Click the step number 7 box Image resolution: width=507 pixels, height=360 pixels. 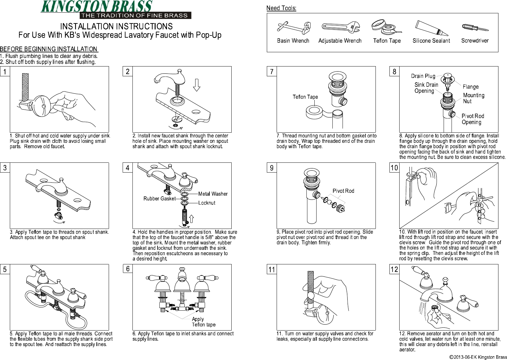(272, 72)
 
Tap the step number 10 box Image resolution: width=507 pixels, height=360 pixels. (394, 168)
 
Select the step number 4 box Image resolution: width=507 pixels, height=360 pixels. (127, 168)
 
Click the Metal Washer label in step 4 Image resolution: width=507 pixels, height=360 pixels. (213, 194)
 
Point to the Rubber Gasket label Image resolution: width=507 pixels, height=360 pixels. (159, 199)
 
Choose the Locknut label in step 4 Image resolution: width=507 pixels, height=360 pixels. (207, 203)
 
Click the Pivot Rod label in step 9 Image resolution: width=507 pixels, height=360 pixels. (343, 191)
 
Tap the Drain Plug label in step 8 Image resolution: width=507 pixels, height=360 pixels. (423, 76)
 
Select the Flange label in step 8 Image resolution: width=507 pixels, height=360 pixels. (471, 87)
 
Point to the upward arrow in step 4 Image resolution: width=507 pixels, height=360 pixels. (192, 218)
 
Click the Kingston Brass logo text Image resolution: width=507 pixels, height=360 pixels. (97, 7)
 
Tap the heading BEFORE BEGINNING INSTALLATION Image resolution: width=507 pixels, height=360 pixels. (49, 49)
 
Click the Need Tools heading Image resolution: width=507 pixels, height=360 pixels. (281, 8)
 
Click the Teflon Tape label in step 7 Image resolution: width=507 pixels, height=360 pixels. (305, 97)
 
